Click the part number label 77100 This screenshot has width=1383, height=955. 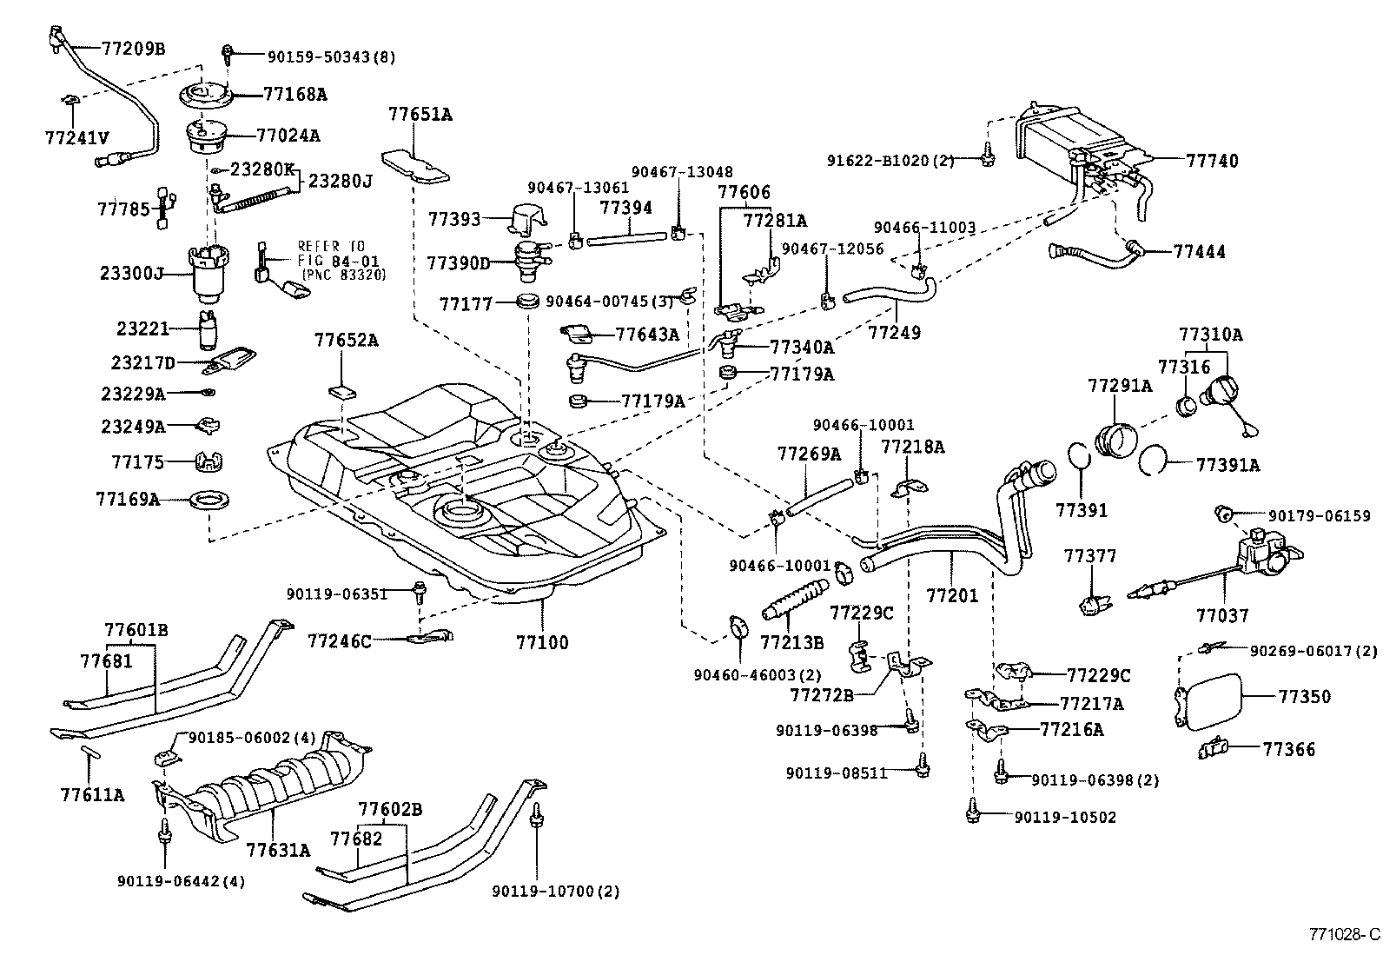pos(542,643)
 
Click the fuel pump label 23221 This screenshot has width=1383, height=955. pos(142,328)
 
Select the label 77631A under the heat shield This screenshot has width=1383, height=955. pos(277,849)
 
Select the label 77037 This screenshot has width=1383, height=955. pos(1221,616)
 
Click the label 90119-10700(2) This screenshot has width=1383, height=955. pos(555,892)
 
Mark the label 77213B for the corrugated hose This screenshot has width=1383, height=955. pos(791,642)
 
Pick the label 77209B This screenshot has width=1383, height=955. pos(133,49)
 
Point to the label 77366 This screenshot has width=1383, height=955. pos(1289,749)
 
